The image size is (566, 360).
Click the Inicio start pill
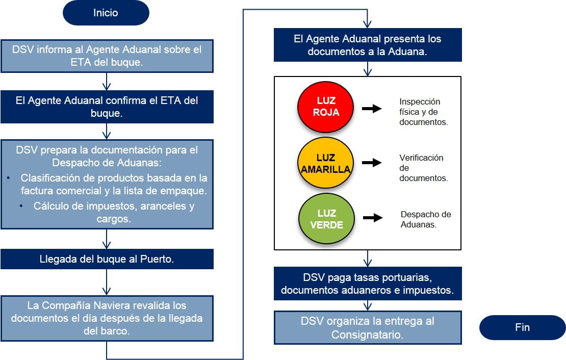click(106, 13)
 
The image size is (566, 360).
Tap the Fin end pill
click(522, 327)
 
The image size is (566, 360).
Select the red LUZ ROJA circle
click(325, 106)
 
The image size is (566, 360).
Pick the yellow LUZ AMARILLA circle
click(325, 163)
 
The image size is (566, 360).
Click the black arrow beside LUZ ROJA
click(372, 109)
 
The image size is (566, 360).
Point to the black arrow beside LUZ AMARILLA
click(372, 163)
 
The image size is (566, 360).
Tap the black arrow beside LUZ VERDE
click(373, 218)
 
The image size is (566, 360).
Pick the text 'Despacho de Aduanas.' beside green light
click(425, 219)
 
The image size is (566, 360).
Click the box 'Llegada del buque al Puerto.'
click(107, 259)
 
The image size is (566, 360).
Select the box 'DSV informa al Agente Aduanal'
click(107, 57)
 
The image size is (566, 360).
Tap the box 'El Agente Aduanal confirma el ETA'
click(107, 107)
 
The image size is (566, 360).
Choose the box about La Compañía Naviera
click(107, 318)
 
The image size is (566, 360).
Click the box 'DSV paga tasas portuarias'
click(367, 284)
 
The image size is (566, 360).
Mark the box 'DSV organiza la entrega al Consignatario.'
click(367, 327)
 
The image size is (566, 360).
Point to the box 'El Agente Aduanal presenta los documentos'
click(367, 45)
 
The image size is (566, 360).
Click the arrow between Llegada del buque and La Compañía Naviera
click(107, 282)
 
